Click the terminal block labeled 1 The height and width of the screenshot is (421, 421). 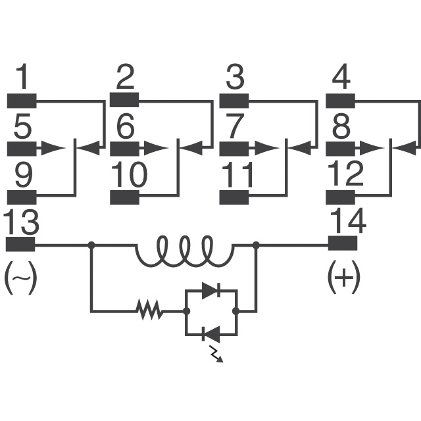coord(22,101)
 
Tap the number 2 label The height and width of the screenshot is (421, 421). coord(125,77)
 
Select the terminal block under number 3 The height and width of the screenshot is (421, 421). coord(234,101)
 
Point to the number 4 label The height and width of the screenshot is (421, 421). coord(341,77)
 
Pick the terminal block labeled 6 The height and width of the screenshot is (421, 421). coord(124,149)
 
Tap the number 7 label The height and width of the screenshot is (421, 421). coord(235,126)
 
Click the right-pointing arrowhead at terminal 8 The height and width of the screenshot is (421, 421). coord(372,148)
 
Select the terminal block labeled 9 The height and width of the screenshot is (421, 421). coord(22,197)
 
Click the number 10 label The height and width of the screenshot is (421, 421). coord(129,174)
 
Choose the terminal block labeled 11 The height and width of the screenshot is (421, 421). coord(234,197)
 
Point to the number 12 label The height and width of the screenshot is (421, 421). coord(346,174)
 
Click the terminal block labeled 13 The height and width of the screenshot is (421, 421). coord(20,244)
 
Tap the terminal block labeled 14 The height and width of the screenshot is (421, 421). coord(343,243)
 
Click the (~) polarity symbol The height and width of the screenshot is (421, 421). coord(20,278)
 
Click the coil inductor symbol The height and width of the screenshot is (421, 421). coord(185,251)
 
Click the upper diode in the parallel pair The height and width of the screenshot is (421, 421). coord(211,290)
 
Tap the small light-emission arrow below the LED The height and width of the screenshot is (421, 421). coord(216,354)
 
